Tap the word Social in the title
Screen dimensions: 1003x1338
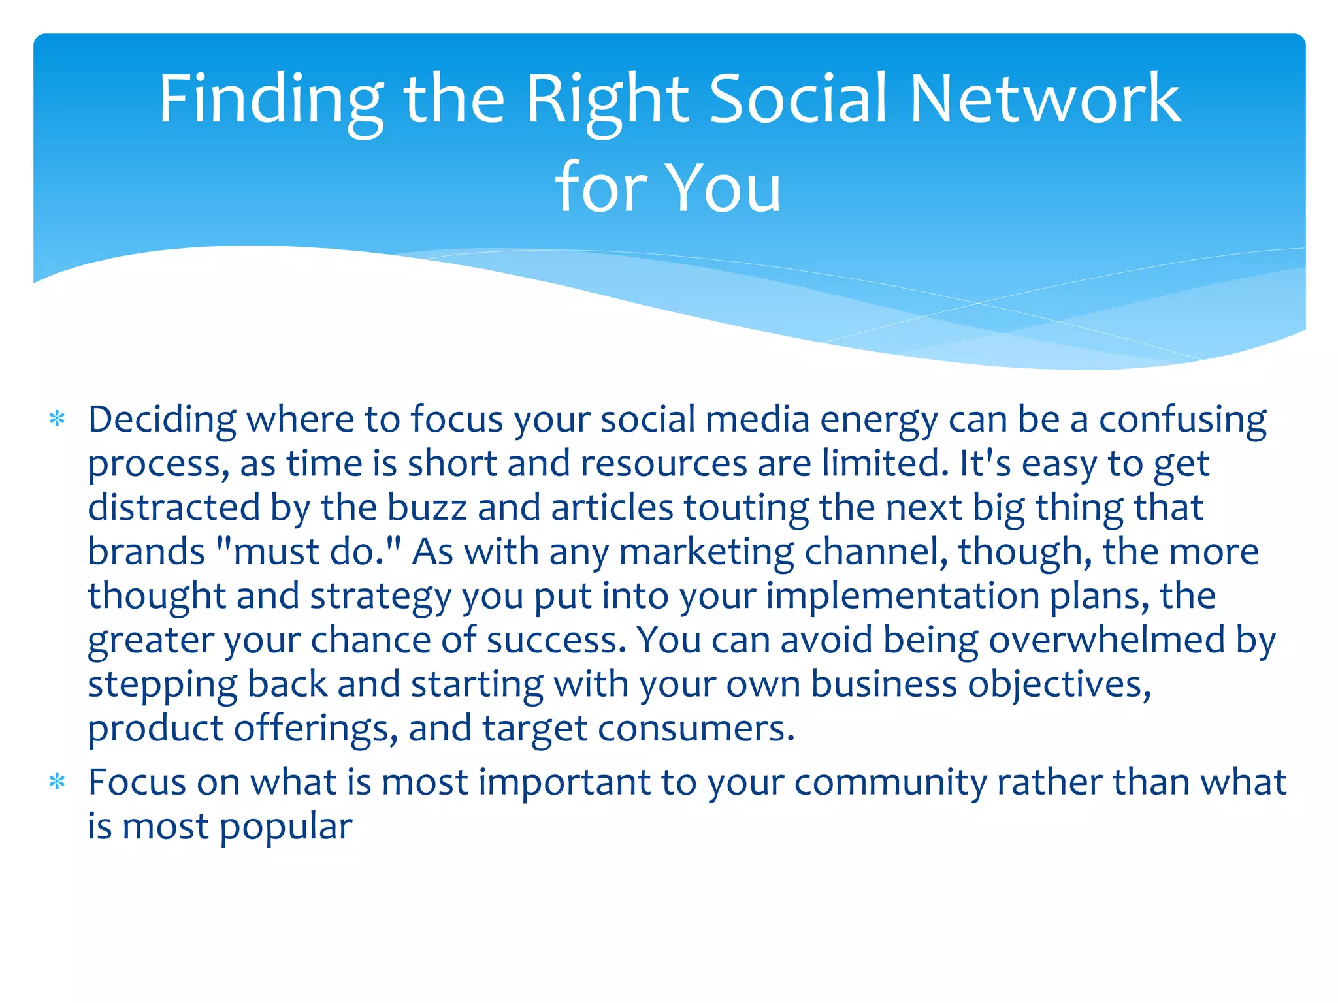coord(798,99)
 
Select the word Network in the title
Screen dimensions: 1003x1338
coord(1045,99)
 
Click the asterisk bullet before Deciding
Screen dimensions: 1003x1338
coord(57,419)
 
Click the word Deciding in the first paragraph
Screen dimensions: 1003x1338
coord(162,419)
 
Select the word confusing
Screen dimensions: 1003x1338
coord(1183,419)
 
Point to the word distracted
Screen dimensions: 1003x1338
coord(174,507)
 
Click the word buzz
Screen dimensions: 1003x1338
coord(427,507)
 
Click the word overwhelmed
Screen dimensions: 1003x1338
coord(1107,640)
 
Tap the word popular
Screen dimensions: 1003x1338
coord(286,827)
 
